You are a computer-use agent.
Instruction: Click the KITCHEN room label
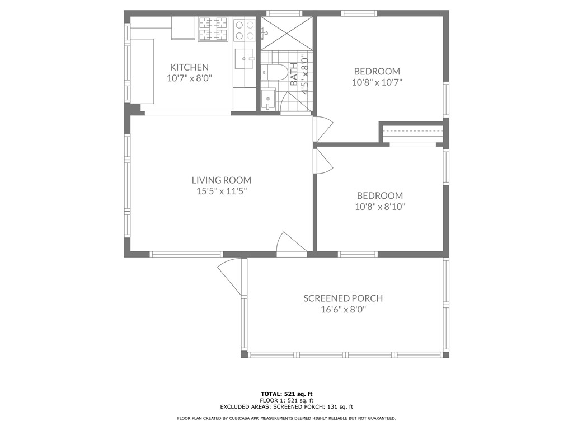(189, 67)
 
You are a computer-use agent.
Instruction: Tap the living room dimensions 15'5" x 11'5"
(222, 191)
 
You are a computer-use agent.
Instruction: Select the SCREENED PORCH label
(343, 298)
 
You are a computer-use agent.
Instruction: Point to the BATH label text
(294, 74)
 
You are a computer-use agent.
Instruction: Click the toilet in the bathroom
(273, 72)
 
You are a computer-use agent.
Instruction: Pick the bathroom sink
(269, 99)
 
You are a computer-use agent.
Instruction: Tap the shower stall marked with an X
(286, 33)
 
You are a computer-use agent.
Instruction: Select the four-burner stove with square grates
(213, 29)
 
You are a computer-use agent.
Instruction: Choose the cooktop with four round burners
(245, 30)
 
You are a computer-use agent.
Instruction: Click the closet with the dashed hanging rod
(412, 133)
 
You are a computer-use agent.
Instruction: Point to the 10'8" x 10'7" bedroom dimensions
(377, 82)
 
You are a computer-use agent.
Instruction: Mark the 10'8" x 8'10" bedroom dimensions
(380, 207)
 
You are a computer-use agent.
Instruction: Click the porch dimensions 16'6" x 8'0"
(343, 310)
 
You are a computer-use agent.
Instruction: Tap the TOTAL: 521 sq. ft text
(286, 394)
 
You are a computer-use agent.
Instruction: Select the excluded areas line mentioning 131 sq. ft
(286, 406)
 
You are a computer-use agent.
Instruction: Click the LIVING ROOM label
(222, 180)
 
